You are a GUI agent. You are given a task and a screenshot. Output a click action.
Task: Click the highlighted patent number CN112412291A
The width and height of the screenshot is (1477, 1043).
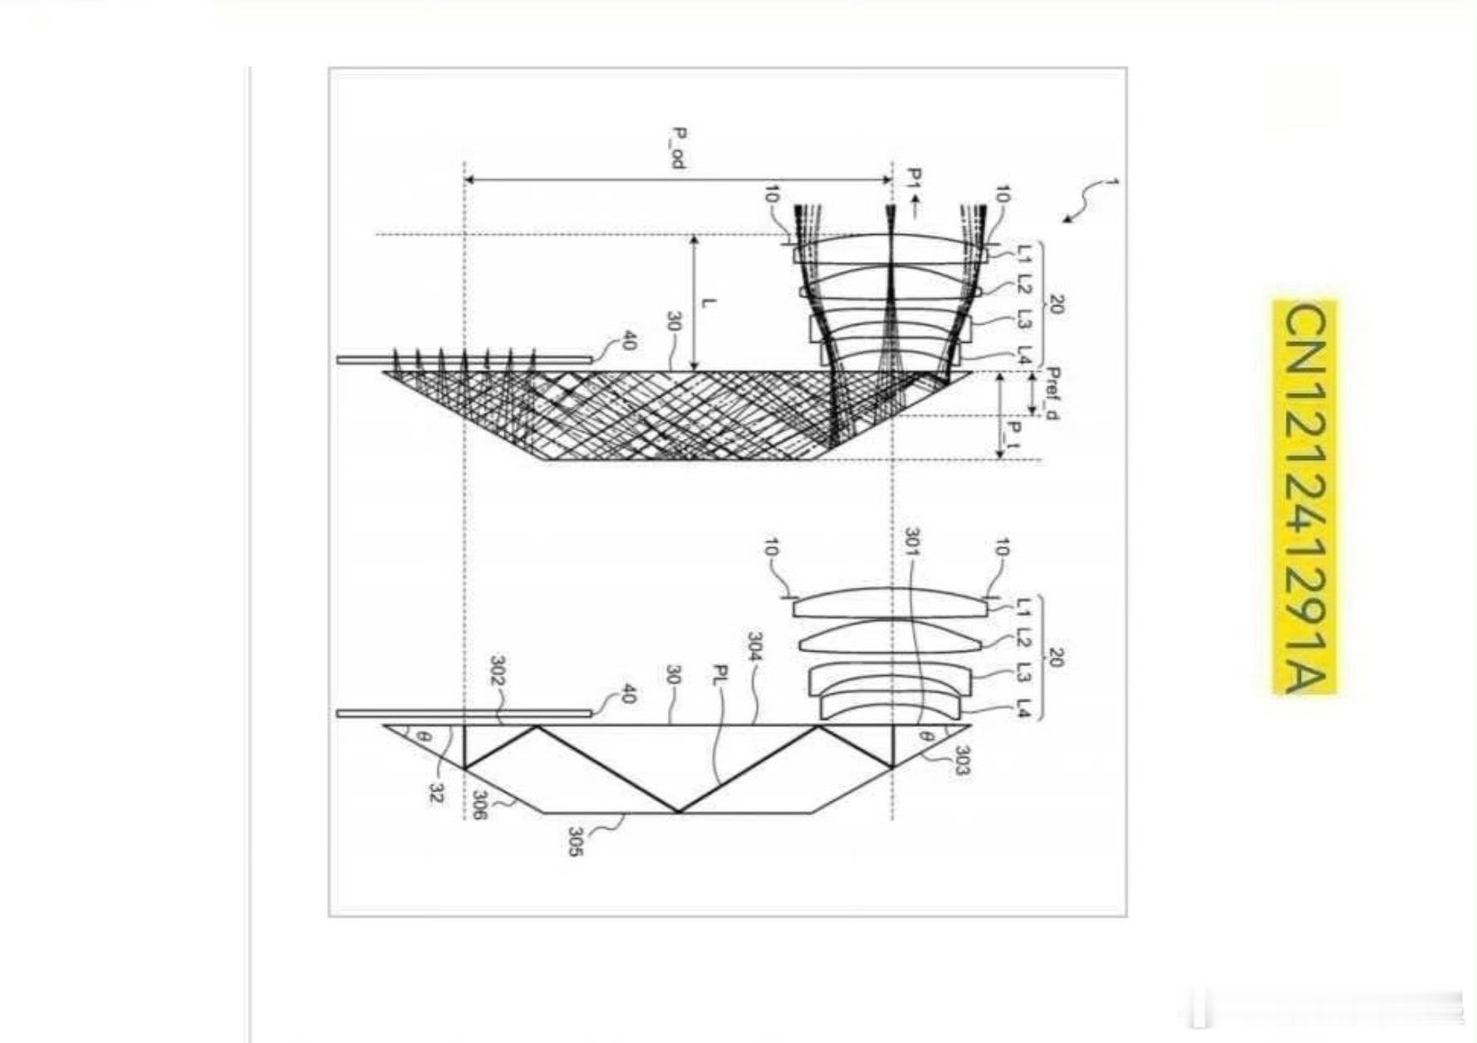(x=1306, y=498)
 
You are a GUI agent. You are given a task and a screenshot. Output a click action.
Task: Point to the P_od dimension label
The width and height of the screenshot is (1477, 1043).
(x=679, y=148)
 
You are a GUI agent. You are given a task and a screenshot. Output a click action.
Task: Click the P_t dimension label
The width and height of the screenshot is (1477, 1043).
(x=1013, y=435)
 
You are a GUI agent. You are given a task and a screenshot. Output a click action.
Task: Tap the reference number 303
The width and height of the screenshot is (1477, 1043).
(x=959, y=760)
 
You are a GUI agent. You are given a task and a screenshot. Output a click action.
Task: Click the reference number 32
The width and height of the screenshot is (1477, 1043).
(x=435, y=794)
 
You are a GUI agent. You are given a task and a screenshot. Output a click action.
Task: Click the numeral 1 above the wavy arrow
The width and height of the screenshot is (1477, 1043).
(x=1113, y=181)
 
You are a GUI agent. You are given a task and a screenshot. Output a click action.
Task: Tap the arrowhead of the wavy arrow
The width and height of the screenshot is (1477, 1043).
(x=1067, y=220)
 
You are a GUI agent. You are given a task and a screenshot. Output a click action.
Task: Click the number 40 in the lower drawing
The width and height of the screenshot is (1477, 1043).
(x=628, y=693)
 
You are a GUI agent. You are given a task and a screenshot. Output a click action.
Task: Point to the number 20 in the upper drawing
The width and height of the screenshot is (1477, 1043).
(x=1056, y=305)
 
